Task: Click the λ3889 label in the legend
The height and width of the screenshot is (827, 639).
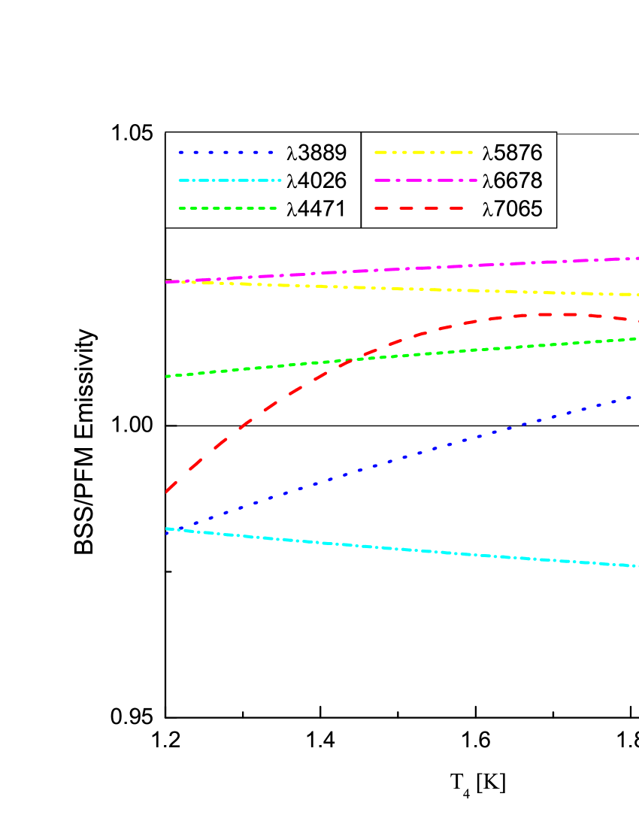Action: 316,153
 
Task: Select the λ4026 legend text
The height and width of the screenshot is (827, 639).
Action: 316,180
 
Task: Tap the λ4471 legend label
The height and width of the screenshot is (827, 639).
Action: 316,208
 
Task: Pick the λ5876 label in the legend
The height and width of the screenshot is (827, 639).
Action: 512,153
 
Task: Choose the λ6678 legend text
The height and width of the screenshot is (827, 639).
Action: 512,180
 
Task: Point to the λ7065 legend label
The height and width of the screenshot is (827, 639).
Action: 512,208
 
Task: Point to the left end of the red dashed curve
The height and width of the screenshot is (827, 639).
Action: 167,491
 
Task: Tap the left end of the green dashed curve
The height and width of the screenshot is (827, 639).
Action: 167,376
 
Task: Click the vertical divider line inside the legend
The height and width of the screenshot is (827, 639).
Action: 361,180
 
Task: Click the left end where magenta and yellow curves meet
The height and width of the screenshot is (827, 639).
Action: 168,282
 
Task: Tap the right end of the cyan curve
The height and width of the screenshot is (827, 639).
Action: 636,566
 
